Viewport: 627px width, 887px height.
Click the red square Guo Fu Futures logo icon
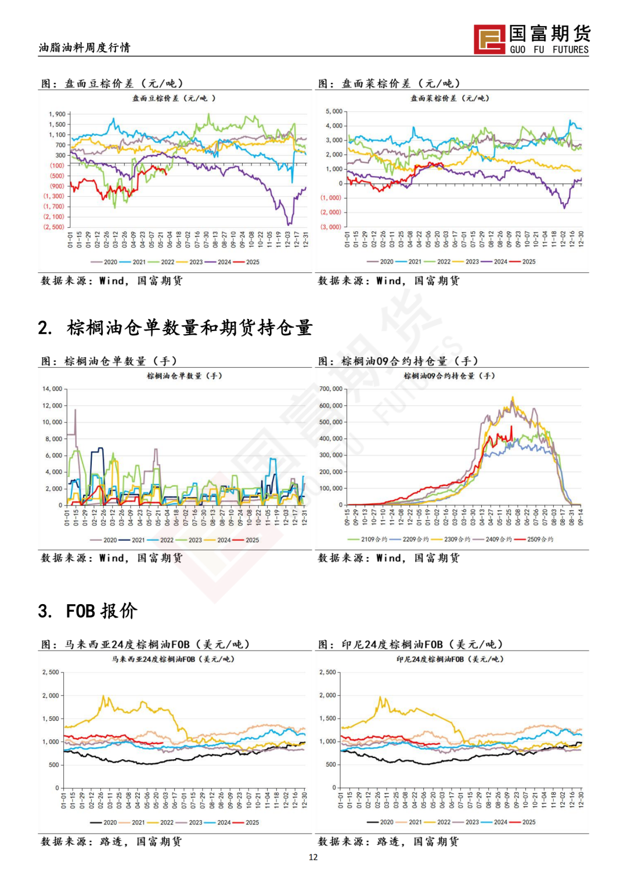[x=489, y=39]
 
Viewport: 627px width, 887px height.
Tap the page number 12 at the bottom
[x=313, y=857]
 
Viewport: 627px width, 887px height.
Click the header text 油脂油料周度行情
[x=85, y=48]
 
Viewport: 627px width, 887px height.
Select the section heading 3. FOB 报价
[x=88, y=611]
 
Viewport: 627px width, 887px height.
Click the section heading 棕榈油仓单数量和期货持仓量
[x=189, y=328]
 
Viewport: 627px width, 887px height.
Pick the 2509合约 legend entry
[x=539, y=540]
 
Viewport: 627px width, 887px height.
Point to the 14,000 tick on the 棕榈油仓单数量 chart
[x=52, y=389]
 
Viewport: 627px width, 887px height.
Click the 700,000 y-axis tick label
[x=331, y=389]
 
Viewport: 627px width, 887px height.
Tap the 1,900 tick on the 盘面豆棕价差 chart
[x=57, y=114]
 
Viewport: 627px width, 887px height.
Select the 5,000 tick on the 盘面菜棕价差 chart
[x=334, y=111]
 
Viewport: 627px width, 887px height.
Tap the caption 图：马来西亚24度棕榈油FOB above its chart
[x=146, y=645]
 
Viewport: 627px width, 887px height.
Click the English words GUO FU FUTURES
[x=549, y=50]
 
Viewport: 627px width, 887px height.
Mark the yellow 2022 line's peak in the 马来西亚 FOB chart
[x=104, y=696]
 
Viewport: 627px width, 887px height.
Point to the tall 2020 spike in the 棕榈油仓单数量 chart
[x=75, y=410]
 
